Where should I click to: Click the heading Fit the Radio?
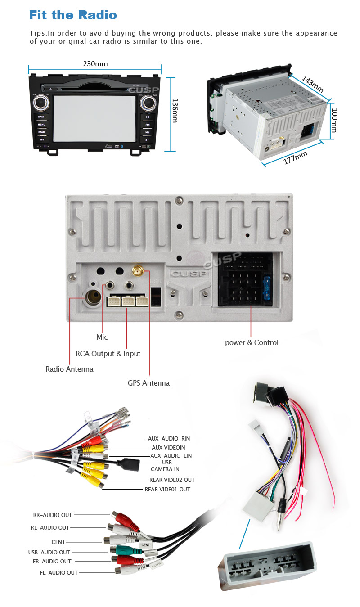(73, 15)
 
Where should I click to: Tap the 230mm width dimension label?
(95, 64)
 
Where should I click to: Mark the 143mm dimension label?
(312, 84)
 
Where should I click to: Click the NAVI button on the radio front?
(41, 117)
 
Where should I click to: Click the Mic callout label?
(102, 337)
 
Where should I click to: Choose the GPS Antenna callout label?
(148, 383)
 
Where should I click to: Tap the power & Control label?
(252, 342)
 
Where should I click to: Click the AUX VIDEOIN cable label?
(168, 447)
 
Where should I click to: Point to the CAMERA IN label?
(165, 469)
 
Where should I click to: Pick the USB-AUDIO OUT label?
(49, 552)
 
